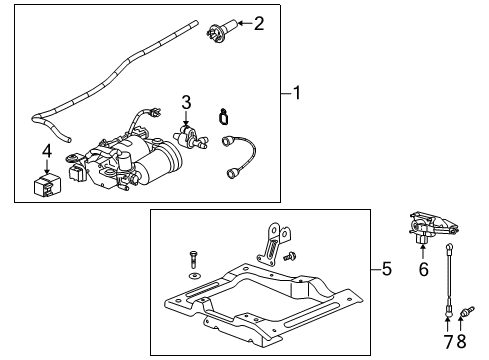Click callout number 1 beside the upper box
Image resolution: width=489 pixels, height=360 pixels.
click(x=297, y=95)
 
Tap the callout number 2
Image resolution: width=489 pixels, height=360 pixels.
click(x=260, y=22)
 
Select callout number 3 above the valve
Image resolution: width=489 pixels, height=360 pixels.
click(x=185, y=102)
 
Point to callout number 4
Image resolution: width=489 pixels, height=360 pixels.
click(x=46, y=151)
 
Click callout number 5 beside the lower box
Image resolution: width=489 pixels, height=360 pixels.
click(x=387, y=269)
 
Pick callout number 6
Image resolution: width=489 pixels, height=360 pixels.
click(x=423, y=269)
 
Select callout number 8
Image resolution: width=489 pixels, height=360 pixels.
click(x=462, y=342)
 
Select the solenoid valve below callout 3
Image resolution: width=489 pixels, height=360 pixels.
click(x=185, y=135)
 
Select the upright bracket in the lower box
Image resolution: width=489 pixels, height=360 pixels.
click(x=268, y=246)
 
